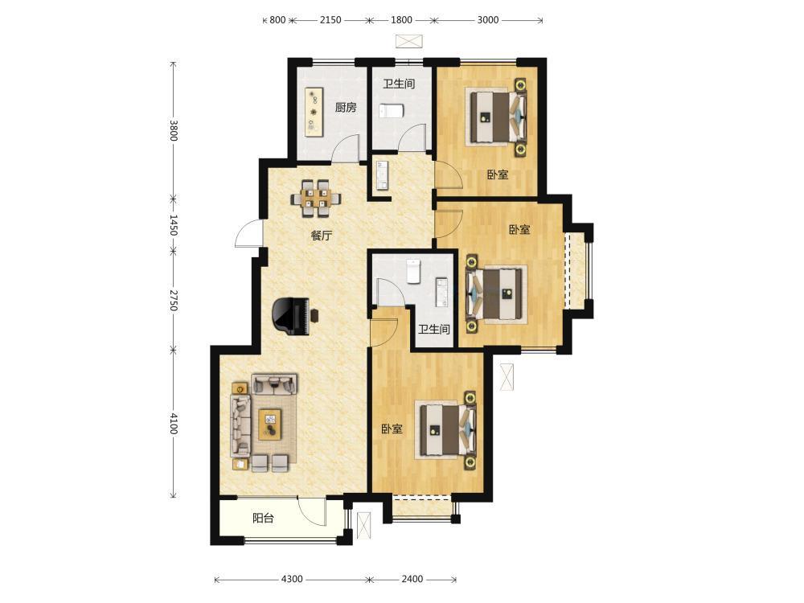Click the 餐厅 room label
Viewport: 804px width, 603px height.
[x=322, y=236]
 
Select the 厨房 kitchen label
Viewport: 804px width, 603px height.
[x=346, y=108]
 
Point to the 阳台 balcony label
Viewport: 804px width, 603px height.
[x=263, y=519]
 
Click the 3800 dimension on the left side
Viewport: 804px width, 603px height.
[x=174, y=131]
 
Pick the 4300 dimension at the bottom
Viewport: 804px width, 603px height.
[x=292, y=580]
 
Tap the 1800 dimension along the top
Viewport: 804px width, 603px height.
[x=401, y=20]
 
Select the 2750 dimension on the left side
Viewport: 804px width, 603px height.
[x=174, y=301]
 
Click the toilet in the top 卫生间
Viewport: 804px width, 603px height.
[x=391, y=111]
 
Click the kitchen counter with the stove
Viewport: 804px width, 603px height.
[x=314, y=112]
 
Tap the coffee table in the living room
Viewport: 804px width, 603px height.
[x=270, y=424]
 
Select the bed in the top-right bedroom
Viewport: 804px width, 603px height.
[x=497, y=117]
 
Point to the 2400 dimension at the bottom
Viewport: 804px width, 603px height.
[x=412, y=580]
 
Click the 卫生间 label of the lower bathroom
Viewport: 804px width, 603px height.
[x=434, y=329]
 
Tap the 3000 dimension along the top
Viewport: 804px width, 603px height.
[x=488, y=20]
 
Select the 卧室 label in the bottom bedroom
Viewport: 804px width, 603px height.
[x=392, y=429]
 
